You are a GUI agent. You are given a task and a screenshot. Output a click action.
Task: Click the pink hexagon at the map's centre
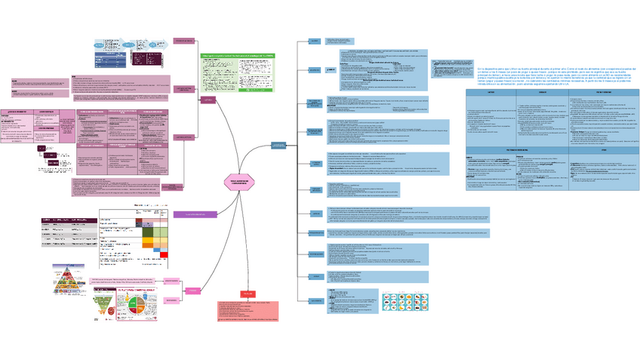[240, 181]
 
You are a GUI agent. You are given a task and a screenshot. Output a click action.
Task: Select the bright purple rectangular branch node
[195, 214]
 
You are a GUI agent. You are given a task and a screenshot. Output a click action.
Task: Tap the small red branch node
[248, 293]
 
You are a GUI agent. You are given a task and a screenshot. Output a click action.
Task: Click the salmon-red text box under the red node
[248, 312]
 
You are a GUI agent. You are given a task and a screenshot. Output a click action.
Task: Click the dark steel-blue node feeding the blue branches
[279, 145]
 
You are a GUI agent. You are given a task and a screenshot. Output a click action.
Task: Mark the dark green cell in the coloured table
[148, 231]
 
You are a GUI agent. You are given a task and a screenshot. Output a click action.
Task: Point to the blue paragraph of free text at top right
[557, 75]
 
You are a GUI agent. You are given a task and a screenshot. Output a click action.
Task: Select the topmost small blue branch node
[313, 41]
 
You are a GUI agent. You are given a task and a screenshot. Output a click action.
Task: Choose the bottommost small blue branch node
[313, 300]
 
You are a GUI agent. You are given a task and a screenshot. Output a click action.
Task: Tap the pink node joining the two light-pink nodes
[193, 291]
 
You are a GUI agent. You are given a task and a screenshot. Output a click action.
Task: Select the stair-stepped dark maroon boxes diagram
[54, 161]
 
